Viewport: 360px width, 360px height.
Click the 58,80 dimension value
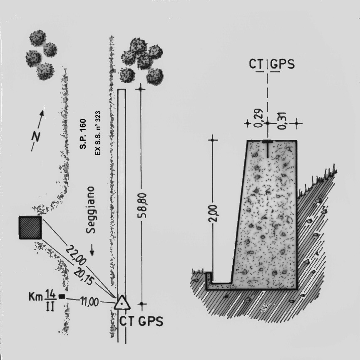point(142,205)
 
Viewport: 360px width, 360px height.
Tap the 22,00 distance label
point(76,255)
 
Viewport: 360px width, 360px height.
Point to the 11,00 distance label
point(89,302)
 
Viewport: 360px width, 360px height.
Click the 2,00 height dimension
point(213,213)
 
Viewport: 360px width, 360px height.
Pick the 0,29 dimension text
point(259,118)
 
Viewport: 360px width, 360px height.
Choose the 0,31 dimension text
point(282,121)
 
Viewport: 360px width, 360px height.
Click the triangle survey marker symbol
point(122,303)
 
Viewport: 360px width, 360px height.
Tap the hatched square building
point(30,228)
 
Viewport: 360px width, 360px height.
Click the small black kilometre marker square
point(62,297)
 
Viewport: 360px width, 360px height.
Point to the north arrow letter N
point(36,137)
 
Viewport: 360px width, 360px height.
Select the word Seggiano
point(90,210)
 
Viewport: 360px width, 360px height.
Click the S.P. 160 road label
point(83,134)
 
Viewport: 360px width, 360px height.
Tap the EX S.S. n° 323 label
point(98,133)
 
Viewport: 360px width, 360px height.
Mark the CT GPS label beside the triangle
point(141,321)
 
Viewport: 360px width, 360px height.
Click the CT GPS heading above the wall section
point(272,64)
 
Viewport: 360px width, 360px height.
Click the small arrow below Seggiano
point(92,250)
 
